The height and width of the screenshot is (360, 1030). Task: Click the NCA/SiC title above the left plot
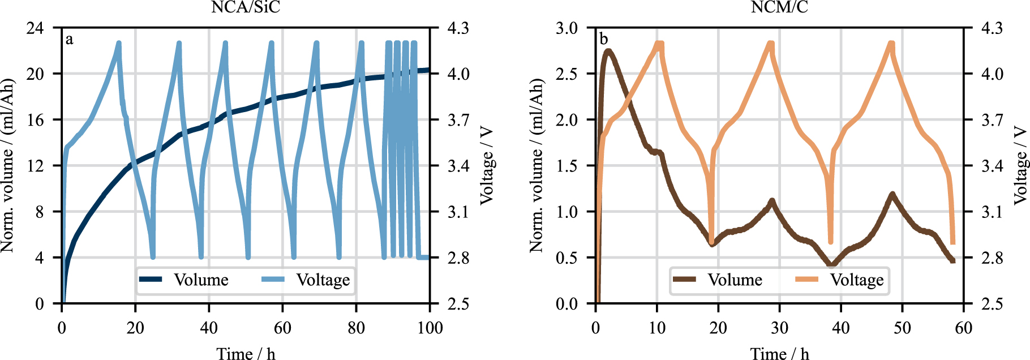click(x=245, y=7)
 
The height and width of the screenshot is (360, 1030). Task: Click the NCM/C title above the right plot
click(x=779, y=7)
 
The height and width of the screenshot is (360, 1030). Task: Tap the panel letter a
click(x=69, y=39)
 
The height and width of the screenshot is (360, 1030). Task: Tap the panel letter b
click(x=603, y=39)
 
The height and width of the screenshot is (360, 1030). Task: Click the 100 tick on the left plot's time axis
click(x=430, y=327)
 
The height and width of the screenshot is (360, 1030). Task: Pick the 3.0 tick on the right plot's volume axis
click(x=566, y=28)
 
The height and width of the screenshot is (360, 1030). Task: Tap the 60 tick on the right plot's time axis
click(x=963, y=327)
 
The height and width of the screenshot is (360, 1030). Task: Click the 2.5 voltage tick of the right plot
click(x=992, y=303)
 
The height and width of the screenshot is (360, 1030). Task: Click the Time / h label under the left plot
click(x=246, y=354)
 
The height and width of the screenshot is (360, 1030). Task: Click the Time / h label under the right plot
click(x=779, y=354)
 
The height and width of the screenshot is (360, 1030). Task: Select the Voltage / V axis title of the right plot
click(x=1020, y=165)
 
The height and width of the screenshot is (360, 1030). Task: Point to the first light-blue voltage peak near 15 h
click(x=119, y=43)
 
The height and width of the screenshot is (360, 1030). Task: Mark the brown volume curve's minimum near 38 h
click(x=831, y=264)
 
